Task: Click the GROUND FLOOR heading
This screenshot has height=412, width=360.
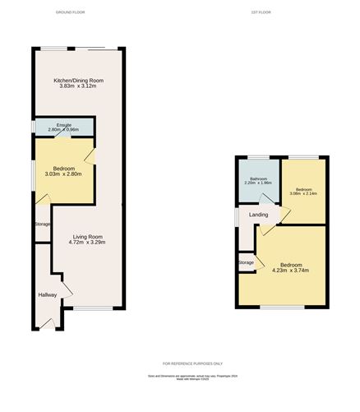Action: (70, 13)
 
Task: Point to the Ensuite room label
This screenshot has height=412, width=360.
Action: (63, 124)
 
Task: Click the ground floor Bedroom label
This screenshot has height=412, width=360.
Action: (64, 169)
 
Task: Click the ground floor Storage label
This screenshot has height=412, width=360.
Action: (42, 225)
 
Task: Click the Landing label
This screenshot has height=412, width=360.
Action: (259, 215)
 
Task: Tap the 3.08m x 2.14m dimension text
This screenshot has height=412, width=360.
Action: (303, 194)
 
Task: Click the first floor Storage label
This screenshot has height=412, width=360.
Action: (246, 262)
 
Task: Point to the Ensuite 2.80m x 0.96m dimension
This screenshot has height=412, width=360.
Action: (63, 130)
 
